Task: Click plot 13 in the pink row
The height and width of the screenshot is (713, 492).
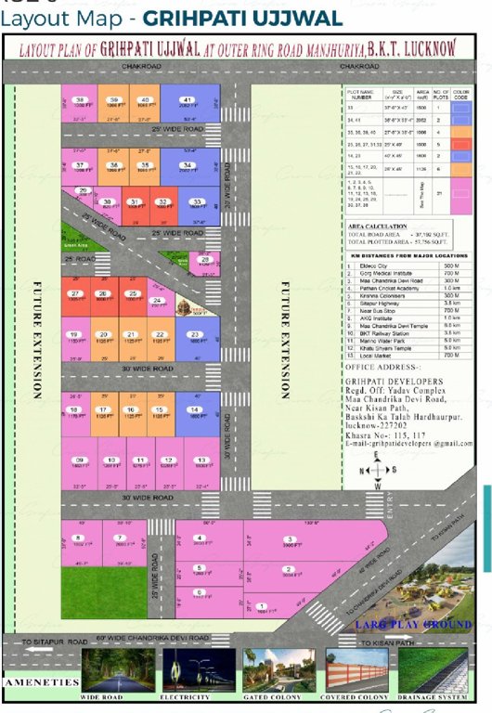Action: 201,464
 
